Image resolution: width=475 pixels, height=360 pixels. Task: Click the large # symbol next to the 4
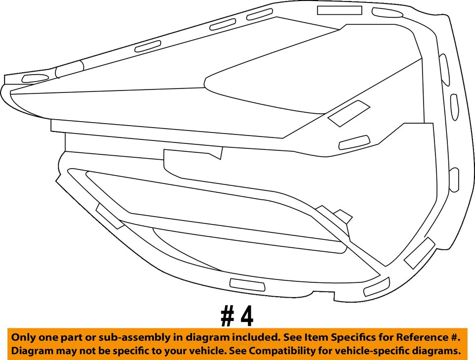point(227,316)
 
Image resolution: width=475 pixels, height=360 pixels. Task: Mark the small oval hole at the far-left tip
point(33,78)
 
